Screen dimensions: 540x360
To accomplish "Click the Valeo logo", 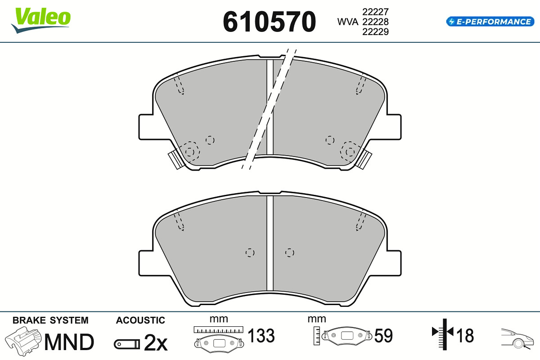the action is [41, 20].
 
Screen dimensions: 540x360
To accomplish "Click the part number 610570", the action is [269, 22].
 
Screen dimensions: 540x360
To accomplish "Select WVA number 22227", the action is [375, 12].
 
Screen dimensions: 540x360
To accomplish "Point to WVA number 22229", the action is [375, 31].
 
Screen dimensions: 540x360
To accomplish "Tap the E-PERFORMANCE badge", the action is [490, 22].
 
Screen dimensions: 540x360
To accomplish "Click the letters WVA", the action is [347, 22].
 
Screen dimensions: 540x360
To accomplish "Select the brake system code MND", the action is [69, 342].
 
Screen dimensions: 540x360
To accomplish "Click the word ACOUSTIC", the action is [140, 320].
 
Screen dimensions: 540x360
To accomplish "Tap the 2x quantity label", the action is [156, 342].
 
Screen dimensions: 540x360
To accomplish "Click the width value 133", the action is [261, 335].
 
